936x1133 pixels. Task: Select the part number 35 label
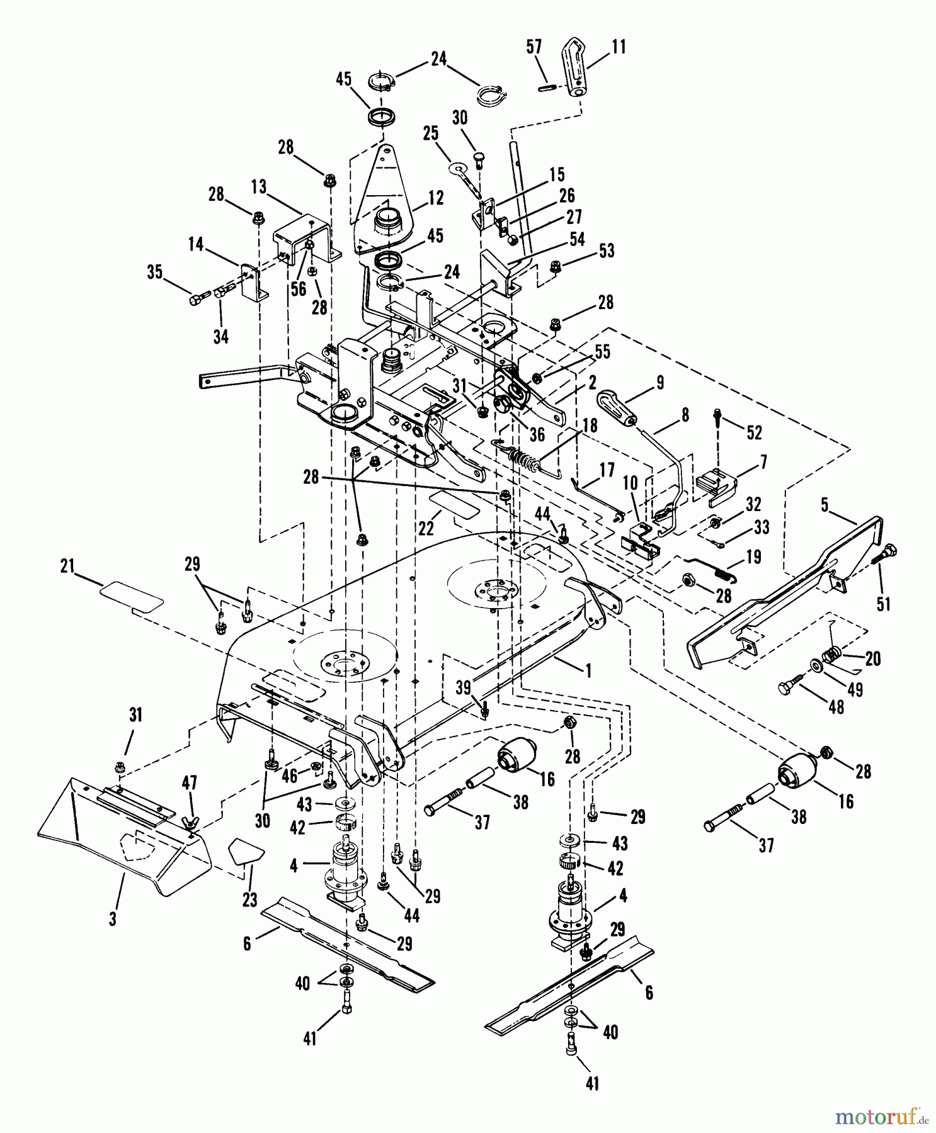[x=154, y=273]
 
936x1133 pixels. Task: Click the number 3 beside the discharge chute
[x=113, y=919]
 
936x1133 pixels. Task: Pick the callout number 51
[x=884, y=604]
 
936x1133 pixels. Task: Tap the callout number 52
[x=754, y=432]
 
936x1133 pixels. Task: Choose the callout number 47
[x=190, y=782]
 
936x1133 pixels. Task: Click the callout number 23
[x=249, y=900]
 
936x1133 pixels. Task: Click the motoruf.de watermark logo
[x=881, y=1116]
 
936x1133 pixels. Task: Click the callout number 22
[x=426, y=527]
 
